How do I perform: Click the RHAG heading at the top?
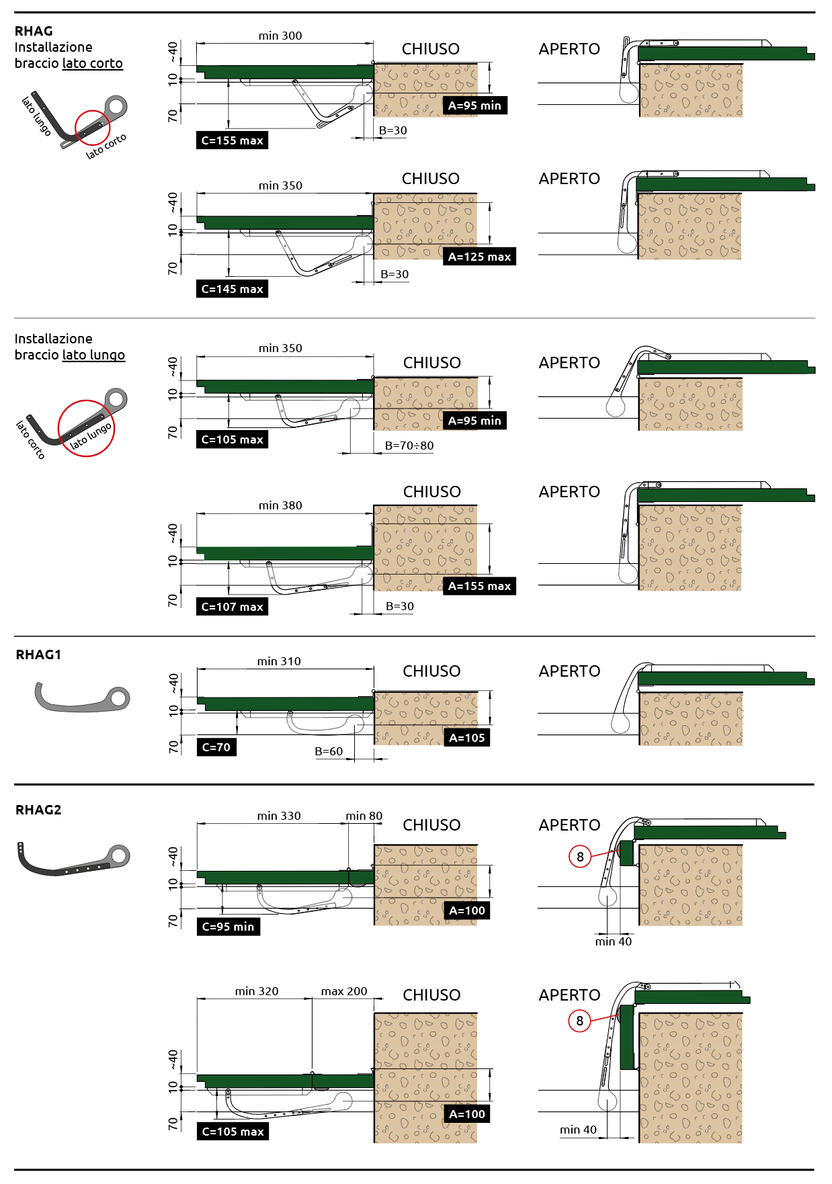coord(34,31)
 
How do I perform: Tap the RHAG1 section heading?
coord(38,654)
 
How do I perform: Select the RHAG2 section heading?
coord(38,810)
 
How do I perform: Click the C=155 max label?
coord(232,140)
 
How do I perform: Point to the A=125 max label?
coord(479,257)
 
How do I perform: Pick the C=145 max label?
coord(232,289)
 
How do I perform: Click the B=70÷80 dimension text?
coord(409,446)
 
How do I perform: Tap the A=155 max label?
coord(479,586)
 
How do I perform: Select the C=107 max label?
coord(232,607)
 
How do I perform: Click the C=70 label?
coord(216,747)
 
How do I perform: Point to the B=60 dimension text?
coord(329,751)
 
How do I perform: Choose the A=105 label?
coord(466,738)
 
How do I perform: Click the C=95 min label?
coord(228,927)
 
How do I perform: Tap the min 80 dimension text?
coord(364,816)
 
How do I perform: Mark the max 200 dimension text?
coord(344,991)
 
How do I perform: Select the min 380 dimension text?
coord(280,505)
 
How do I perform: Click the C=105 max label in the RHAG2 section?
coord(233,1132)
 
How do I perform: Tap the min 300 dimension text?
coord(280,36)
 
